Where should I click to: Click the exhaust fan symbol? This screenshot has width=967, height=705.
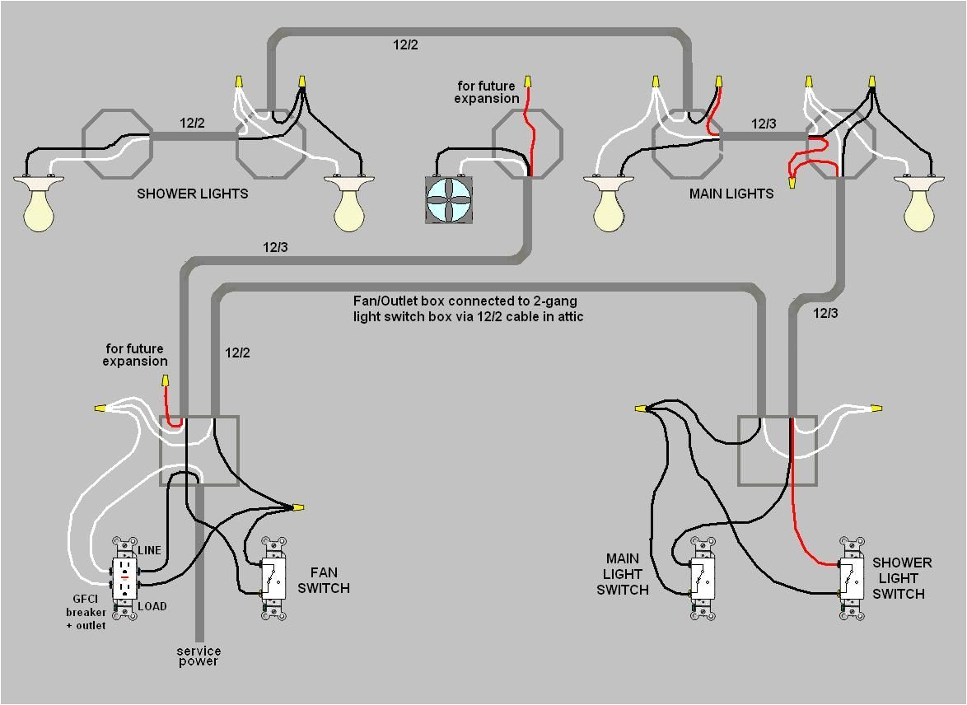tap(450, 199)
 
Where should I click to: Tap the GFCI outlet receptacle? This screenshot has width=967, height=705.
tap(124, 578)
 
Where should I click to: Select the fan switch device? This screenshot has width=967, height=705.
tap(273, 578)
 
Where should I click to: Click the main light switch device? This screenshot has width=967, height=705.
tap(703, 578)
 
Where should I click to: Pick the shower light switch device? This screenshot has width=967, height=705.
tap(852, 578)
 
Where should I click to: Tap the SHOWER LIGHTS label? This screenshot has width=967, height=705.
tap(192, 194)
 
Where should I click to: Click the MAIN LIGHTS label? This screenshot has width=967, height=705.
tap(731, 194)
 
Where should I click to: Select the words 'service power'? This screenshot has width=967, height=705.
tap(199, 656)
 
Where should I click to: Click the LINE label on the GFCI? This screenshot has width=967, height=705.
tap(149, 550)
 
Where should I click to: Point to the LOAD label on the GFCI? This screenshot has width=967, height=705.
tap(152, 606)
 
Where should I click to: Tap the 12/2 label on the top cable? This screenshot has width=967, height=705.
tap(404, 44)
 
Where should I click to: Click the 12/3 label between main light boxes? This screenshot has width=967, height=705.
tap(763, 124)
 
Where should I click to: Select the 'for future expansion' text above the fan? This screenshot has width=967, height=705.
tap(486, 92)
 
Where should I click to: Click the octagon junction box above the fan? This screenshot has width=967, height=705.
tap(528, 144)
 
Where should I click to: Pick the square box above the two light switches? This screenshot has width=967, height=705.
tap(777, 451)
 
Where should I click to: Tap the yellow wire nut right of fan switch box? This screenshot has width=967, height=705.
tap(298, 507)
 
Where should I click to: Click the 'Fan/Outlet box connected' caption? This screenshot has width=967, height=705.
tap(468, 309)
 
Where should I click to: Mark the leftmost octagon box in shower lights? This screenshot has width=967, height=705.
tap(117, 144)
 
